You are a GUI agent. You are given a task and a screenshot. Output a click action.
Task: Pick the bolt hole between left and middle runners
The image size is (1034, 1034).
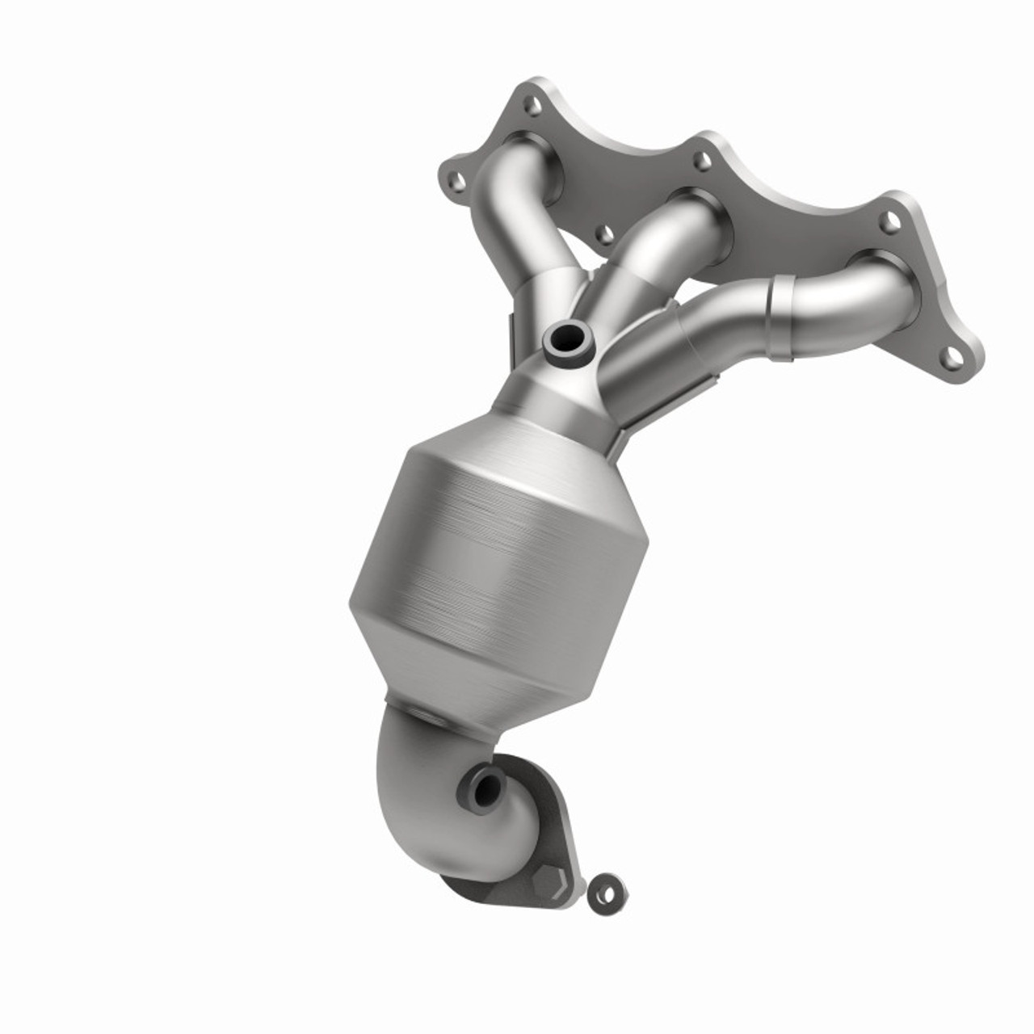point(603,235)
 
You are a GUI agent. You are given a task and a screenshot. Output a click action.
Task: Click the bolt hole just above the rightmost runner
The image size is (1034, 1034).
point(891,223)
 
